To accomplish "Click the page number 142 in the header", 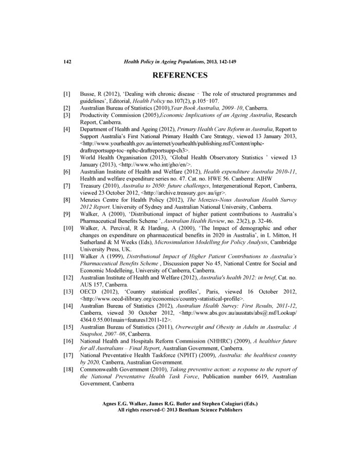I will [x=66, y=62].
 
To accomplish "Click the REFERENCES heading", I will [x=180, y=76].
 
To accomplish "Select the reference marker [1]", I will [x=66, y=95].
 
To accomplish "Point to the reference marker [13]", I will [x=67, y=292].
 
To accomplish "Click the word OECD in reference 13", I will [x=90, y=292].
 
